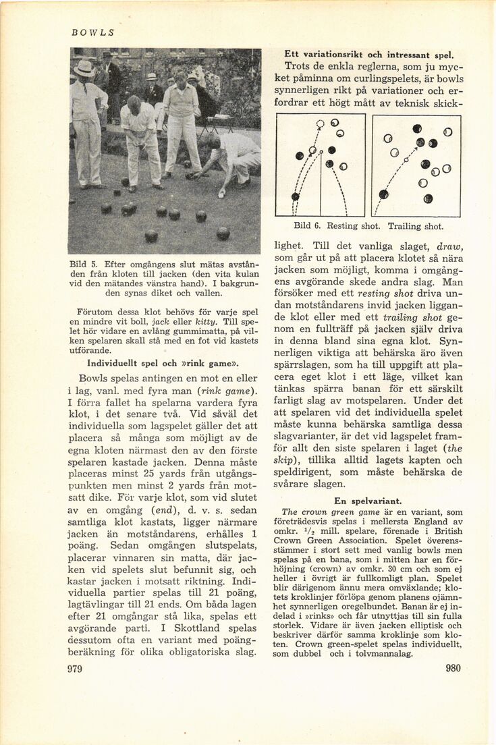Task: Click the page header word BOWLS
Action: coord(93,32)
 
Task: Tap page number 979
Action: coord(74,669)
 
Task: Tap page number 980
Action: coord(453,669)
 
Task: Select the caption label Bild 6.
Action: coord(307,227)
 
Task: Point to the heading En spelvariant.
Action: coord(368,501)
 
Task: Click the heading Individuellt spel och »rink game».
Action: coord(165,362)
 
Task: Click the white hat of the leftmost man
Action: coord(84,68)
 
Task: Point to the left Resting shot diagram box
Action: coord(321,165)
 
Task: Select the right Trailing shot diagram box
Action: coord(416,165)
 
